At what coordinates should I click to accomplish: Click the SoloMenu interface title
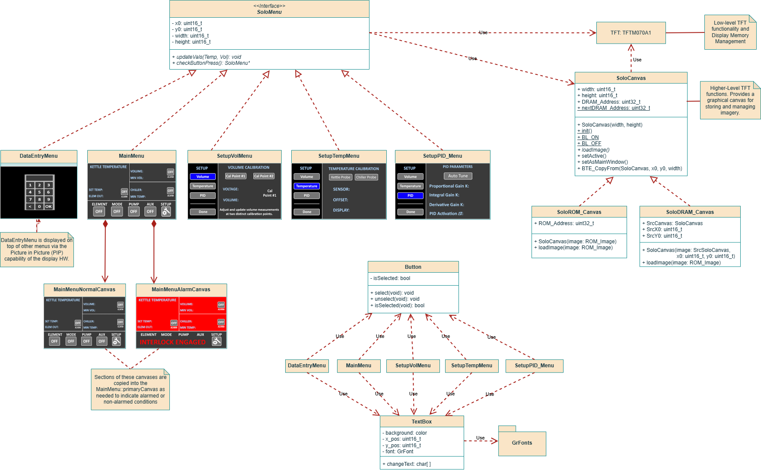269,12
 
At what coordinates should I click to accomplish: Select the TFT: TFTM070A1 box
630,33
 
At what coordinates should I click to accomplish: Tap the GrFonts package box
522,443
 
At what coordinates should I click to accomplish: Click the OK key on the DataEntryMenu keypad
48,207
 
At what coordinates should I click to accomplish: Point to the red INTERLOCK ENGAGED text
172,342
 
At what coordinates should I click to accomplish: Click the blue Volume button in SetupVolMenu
203,177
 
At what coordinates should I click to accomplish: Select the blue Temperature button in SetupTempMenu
306,186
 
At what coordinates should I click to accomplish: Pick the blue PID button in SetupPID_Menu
410,196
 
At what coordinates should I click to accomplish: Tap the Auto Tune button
458,176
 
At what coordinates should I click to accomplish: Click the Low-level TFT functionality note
730,32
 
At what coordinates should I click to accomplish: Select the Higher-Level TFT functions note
730,100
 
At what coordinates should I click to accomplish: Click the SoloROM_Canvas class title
579,212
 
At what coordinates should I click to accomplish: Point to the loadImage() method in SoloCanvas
595,150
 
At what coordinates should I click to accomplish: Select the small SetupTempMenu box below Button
471,366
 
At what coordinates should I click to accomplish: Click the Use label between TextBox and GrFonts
480,438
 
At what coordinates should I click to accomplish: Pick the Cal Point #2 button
264,176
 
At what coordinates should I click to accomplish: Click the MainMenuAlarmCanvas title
181,290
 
